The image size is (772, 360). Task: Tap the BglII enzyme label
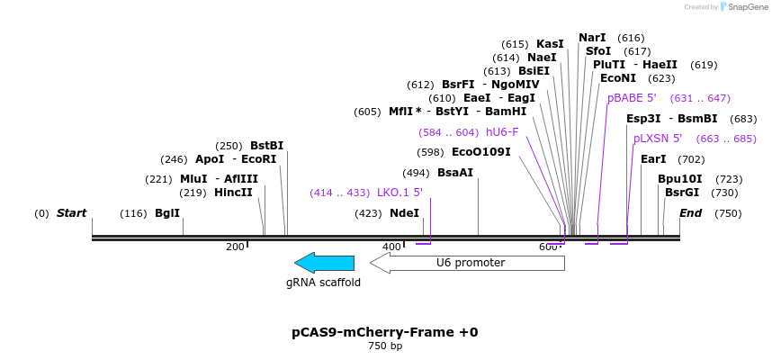(x=167, y=213)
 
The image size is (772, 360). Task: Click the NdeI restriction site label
(x=404, y=213)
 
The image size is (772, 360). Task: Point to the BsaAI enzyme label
(x=454, y=173)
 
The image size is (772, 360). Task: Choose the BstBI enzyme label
(x=266, y=146)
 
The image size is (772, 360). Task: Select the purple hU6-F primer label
(x=502, y=132)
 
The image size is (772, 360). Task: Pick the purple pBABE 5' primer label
(x=632, y=98)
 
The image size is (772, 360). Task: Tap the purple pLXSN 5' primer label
(x=658, y=139)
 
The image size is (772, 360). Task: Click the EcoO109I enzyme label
(x=480, y=152)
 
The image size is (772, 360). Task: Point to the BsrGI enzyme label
(x=682, y=193)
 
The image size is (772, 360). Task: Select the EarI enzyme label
(x=653, y=159)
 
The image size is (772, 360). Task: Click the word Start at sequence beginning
(x=71, y=213)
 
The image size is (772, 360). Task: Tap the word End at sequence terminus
(x=690, y=213)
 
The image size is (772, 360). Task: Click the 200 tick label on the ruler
(x=235, y=247)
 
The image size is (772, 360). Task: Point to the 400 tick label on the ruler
(x=391, y=247)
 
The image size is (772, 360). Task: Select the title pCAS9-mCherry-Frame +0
(x=384, y=332)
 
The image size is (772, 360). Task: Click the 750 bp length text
(x=384, y=346)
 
